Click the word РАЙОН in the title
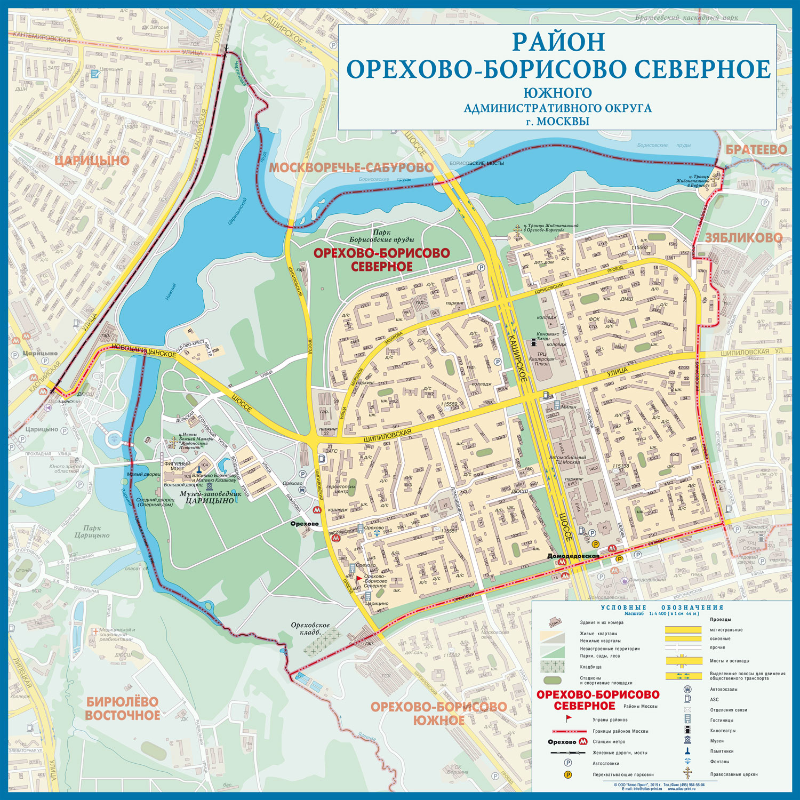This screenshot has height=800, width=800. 559,42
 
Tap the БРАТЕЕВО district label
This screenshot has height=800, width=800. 756,150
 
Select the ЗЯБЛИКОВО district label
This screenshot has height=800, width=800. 743,238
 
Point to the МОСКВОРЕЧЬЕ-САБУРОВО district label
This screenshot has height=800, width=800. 351,168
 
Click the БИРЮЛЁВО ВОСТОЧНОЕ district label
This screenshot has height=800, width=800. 123,708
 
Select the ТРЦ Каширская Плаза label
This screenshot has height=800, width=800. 542,359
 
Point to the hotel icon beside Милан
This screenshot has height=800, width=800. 557,406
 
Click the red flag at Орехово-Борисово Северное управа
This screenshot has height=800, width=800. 359,578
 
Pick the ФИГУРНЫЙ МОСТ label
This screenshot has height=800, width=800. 177,467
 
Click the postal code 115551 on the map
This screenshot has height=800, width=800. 449,531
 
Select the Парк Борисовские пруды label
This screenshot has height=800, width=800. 382,236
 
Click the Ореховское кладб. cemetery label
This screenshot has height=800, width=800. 310,628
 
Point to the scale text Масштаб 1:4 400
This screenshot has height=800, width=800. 661,614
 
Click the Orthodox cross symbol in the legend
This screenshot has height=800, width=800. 688,773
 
